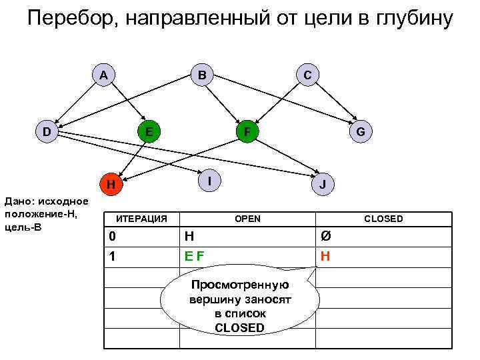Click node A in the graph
(103, 75)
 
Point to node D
(46, 131)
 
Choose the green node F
(247, 131)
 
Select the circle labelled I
(209, 180)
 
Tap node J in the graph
(323, 185)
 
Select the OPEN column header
(247, 219)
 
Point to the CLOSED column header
(383, 219)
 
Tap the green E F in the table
(195, 255)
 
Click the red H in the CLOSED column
(325, 255)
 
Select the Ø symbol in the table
(325, 235)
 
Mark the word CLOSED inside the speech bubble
(239, 327)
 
